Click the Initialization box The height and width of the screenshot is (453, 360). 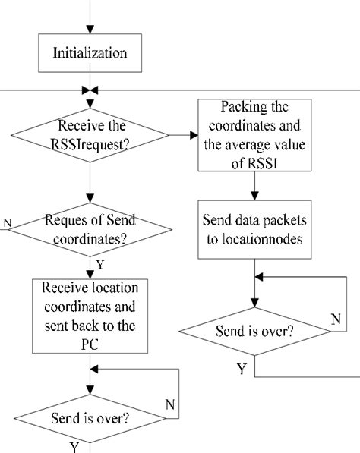[x=90, y=54]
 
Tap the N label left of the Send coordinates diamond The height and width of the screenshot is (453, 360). [x=7, y=223]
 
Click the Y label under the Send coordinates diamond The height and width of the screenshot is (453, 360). [x=99, y=265]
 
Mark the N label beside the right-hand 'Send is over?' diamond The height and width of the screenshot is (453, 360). [x=335, y=319]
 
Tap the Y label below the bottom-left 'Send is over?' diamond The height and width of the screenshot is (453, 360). [x=74, y=446]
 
